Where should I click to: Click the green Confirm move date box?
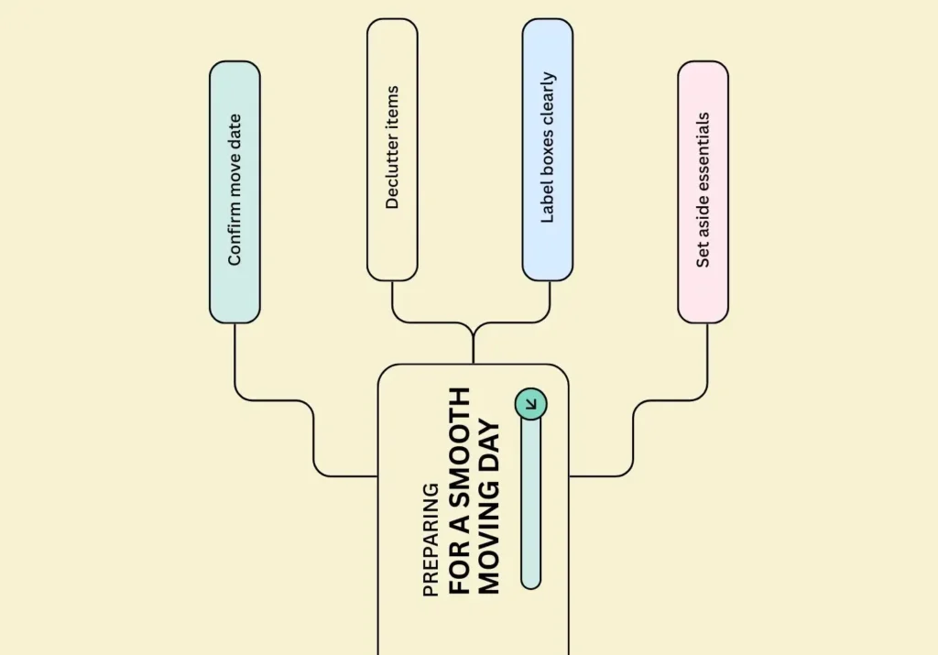[x=234, y=191]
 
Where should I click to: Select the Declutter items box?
[x=392, y=149]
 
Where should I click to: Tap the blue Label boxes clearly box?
[x=548, y=149]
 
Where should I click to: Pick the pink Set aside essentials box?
[x=703, y=191]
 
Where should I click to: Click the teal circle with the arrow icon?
[x=530, y=403]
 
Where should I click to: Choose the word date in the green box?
[x=234, y=129]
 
